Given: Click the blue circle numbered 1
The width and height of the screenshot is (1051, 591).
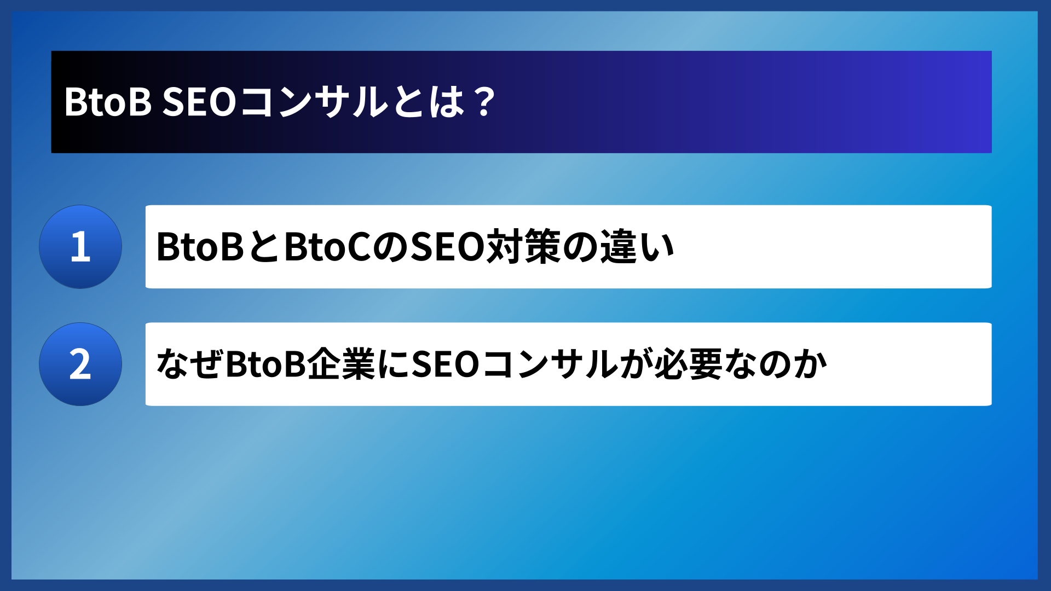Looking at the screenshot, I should pos(80,247).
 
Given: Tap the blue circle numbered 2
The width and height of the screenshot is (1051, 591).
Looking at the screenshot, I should pos(80,364).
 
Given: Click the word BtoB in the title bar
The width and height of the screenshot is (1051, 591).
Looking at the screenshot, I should pos(108,102).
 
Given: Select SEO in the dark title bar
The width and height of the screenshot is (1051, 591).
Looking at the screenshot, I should pos(199,102).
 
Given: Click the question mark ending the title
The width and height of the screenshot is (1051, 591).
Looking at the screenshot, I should pos(484,102).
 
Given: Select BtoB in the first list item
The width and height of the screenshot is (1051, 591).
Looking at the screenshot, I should pos(200,247).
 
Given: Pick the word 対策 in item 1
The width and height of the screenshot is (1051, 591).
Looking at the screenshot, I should pos(523,247).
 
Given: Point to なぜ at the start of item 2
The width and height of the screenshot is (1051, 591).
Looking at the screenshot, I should pos(189,364).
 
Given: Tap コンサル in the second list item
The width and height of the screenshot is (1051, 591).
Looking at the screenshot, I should pos(550,364).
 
